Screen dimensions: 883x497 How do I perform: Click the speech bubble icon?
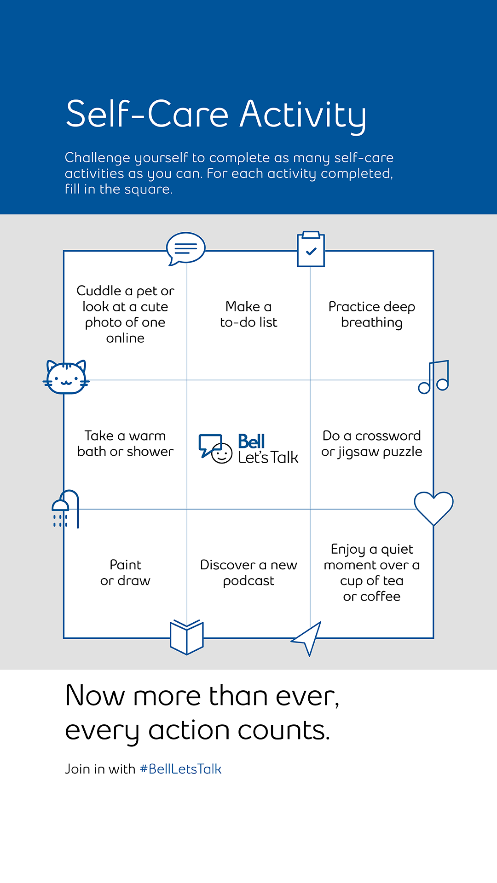(x=185, y=248)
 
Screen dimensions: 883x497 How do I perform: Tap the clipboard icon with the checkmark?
(x=311, y=249)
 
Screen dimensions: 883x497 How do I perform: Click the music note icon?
(x=434, y=377)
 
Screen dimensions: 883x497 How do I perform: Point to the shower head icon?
(x=64, y=509)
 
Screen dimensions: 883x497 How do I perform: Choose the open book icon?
(x=186, y=637)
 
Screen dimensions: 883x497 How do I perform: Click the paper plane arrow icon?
(x=308, y=637)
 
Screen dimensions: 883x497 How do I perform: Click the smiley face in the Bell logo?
(x=222, y=453)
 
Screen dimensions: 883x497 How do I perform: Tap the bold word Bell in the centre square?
(x=251, y=441)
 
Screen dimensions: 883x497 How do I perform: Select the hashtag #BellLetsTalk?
(x=180, y=769)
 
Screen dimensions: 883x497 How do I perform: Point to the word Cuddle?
(x=99, y=291)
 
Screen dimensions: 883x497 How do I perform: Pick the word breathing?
(x=372, y=322)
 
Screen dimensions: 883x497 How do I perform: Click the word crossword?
(x=388, y=436)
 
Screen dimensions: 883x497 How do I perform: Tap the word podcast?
(x=248, y=581)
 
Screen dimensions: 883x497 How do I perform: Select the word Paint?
(x=125, y=565)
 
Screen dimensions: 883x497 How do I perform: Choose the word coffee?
(x=380, y=596)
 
